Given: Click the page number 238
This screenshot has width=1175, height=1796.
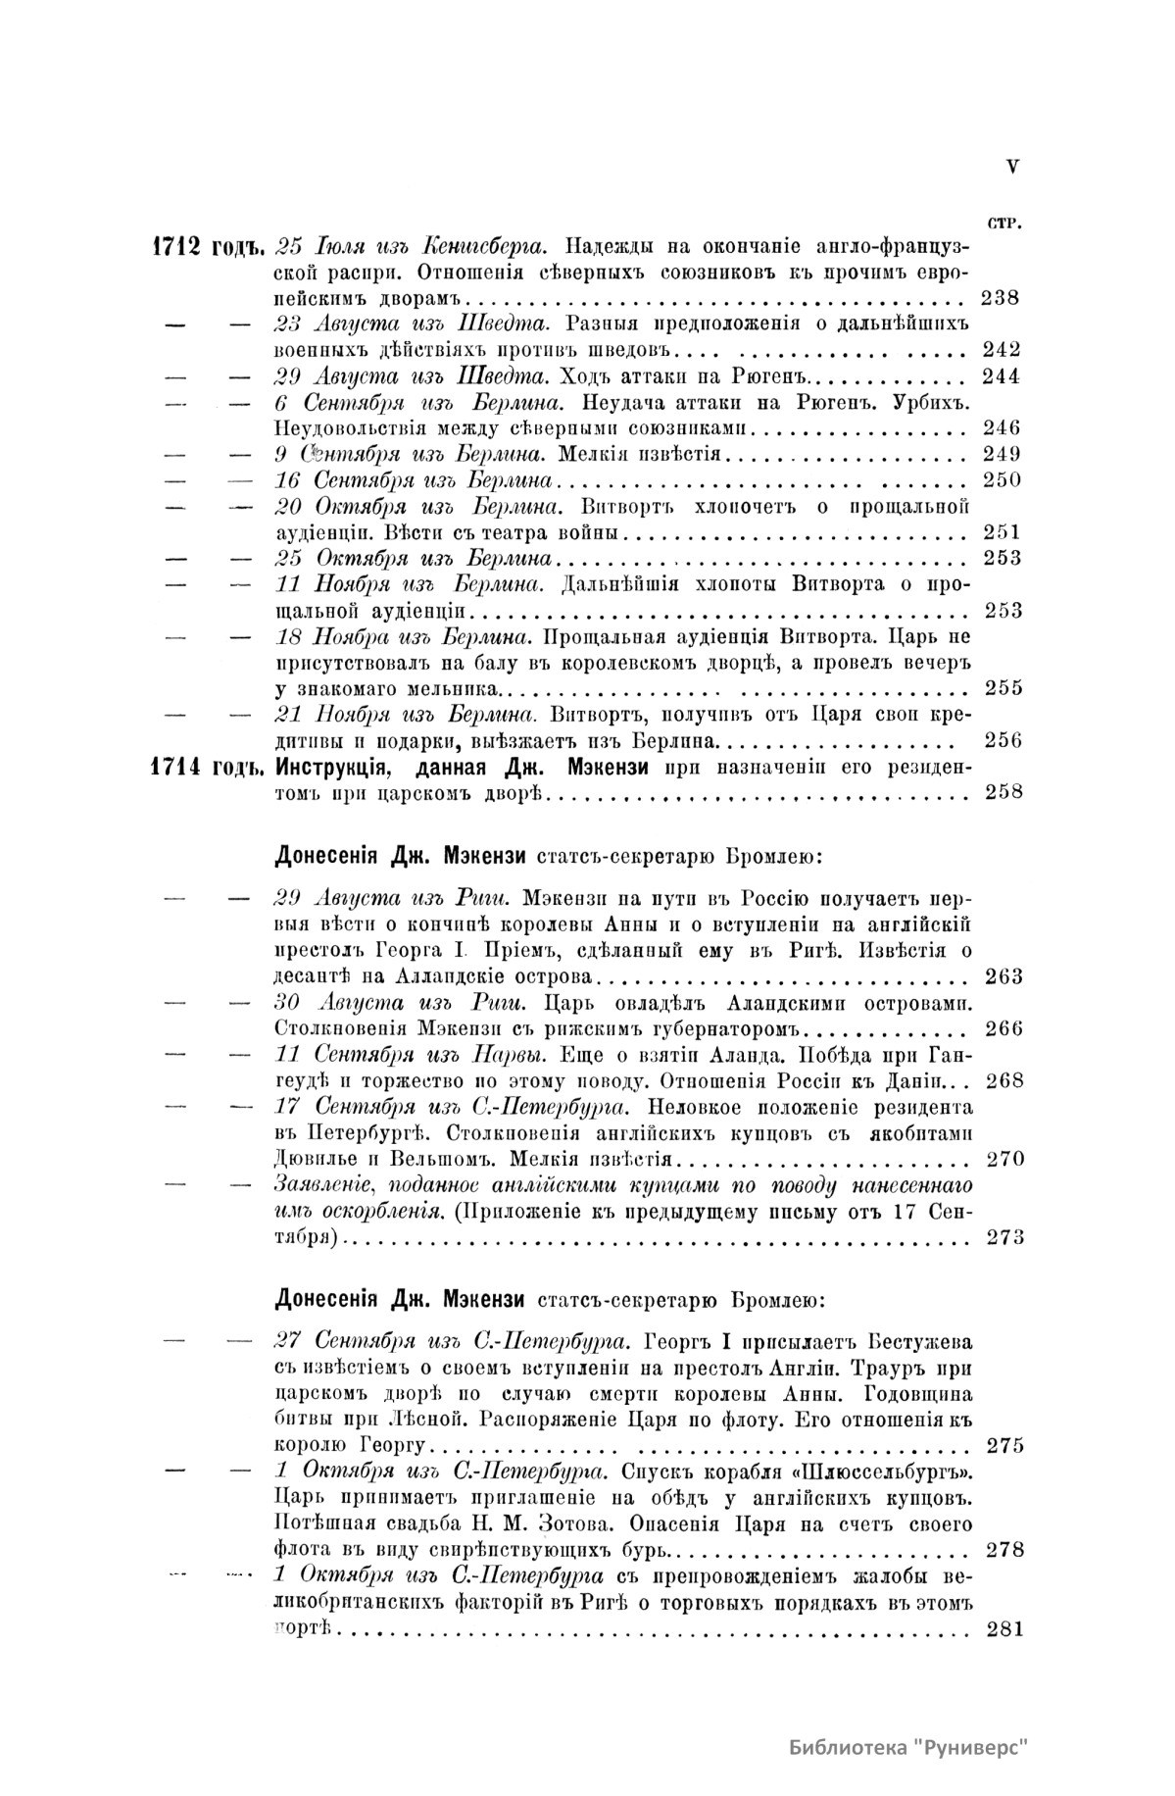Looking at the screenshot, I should click(x=1000, y=298).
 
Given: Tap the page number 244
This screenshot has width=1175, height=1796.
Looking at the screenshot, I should click(x=1001, y=376).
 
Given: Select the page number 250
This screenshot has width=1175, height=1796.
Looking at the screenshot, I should click(x=1001, y=480).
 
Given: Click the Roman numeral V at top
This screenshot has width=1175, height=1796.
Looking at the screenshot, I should click(x=1011, y=167).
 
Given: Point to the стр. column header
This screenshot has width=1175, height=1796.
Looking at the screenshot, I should click(x=1004, y=222).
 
